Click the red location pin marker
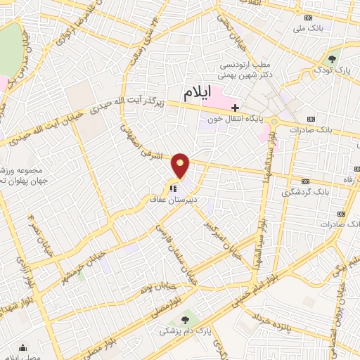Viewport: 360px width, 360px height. pyautogui.click(x=181, y=165)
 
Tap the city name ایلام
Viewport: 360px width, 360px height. pyautogui.click(x=198, y=91)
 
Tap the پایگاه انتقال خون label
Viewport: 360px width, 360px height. pyautogui.click(x=236, y=120)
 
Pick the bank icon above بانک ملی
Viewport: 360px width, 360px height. pyautogui.click(x=308, y=18)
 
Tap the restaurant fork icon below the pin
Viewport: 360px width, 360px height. pyautogui.click(x=172, y=188)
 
